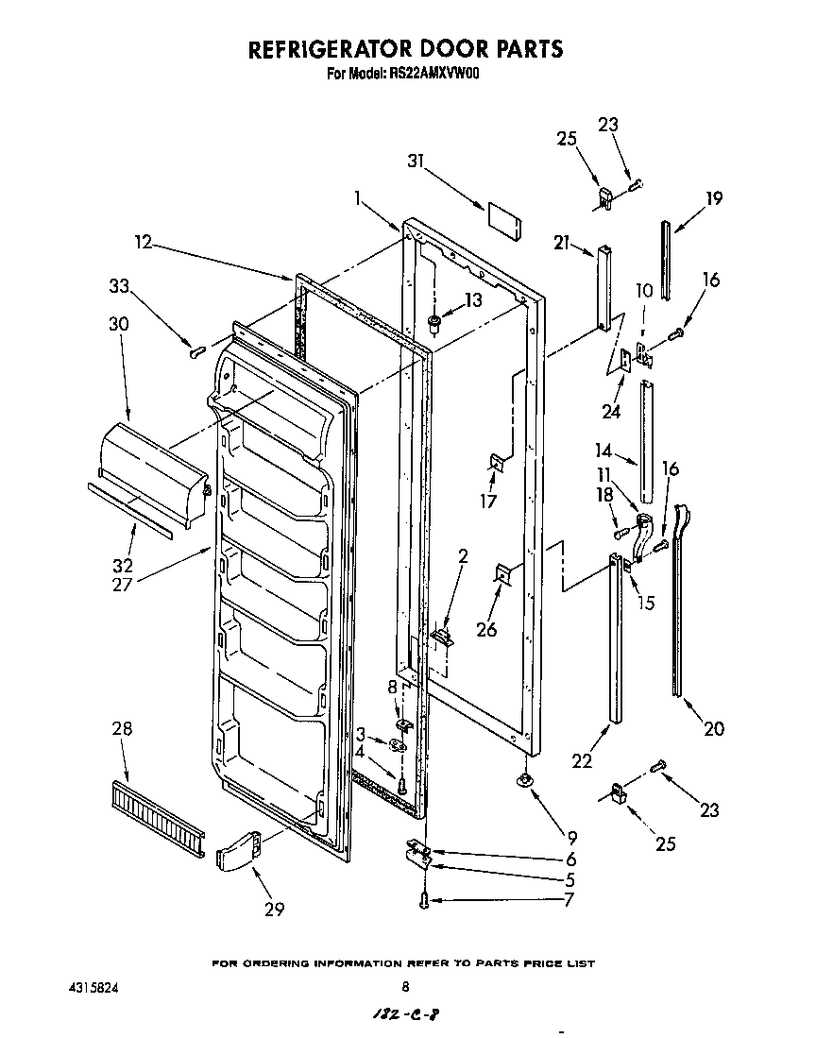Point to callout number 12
143,242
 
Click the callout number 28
122,728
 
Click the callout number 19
714,198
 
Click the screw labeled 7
424,902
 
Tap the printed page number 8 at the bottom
406,987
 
